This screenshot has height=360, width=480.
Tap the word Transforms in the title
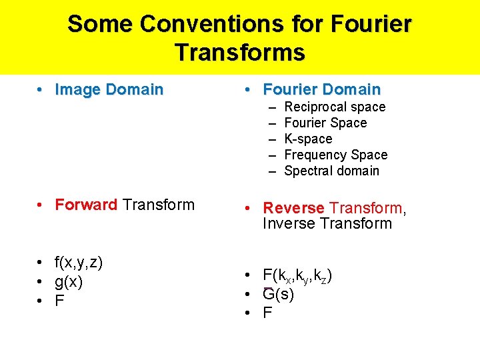click(x=240, y=52)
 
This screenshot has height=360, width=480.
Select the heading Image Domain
click(x=109, y=89)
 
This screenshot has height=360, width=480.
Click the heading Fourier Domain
click(x=322, y=89)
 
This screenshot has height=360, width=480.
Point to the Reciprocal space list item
click(x=335, y=107)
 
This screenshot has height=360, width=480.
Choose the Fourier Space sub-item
click(x=325, y=123)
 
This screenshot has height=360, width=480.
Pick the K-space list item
click(x=308, y=139)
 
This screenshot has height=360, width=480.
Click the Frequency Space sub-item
click(x=335, y=155)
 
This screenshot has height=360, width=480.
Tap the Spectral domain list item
click(x=331, y=171)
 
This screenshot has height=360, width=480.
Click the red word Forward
click(x=87, y=205)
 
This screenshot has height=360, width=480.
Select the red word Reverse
click(x=294, y=209)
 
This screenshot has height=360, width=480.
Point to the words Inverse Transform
click(x=327, y=223)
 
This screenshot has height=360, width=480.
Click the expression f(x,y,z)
click(x=79, y=263)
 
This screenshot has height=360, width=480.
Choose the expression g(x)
click(x=69, y=282)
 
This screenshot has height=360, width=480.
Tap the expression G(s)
click(x=278, y=294)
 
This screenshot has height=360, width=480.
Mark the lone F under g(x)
click(x=60, y=301)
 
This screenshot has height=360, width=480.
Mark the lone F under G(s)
click(x=268, y=313)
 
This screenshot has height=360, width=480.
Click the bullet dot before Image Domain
click(x=41, y=89)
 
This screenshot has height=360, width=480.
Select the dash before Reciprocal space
click(x=273, y=107)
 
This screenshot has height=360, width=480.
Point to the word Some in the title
click(x=99, y=24)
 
